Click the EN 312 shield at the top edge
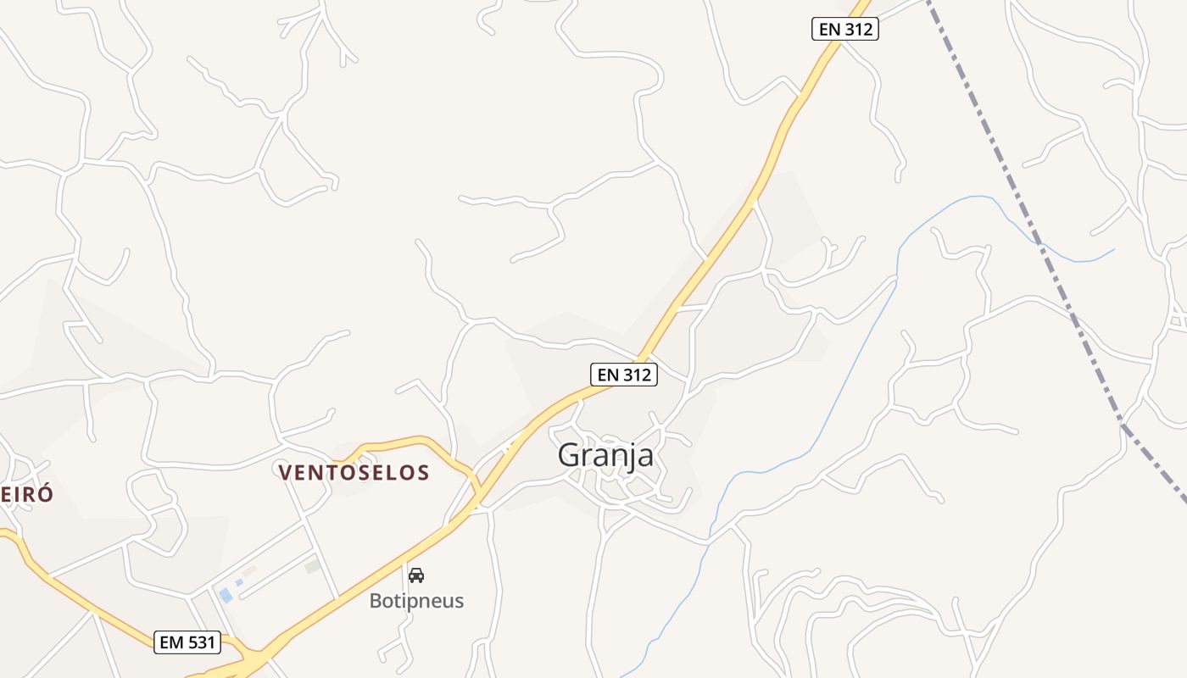coord(844,29)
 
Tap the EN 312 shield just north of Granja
coord(624,374)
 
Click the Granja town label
coord(605,455)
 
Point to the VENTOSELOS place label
coord(354,473)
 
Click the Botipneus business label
coord(416,601)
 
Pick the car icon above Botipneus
coord(416,575)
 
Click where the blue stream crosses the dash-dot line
coord(1038,241)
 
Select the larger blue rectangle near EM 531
coord(226,596)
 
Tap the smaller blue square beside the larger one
coord(239,582)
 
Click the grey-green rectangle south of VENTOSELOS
coord(313,565)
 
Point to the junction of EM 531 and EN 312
coord(254,657)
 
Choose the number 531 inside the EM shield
coord(202,642)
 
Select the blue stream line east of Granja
coord(848,373)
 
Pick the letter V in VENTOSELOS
coord(286,473)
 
